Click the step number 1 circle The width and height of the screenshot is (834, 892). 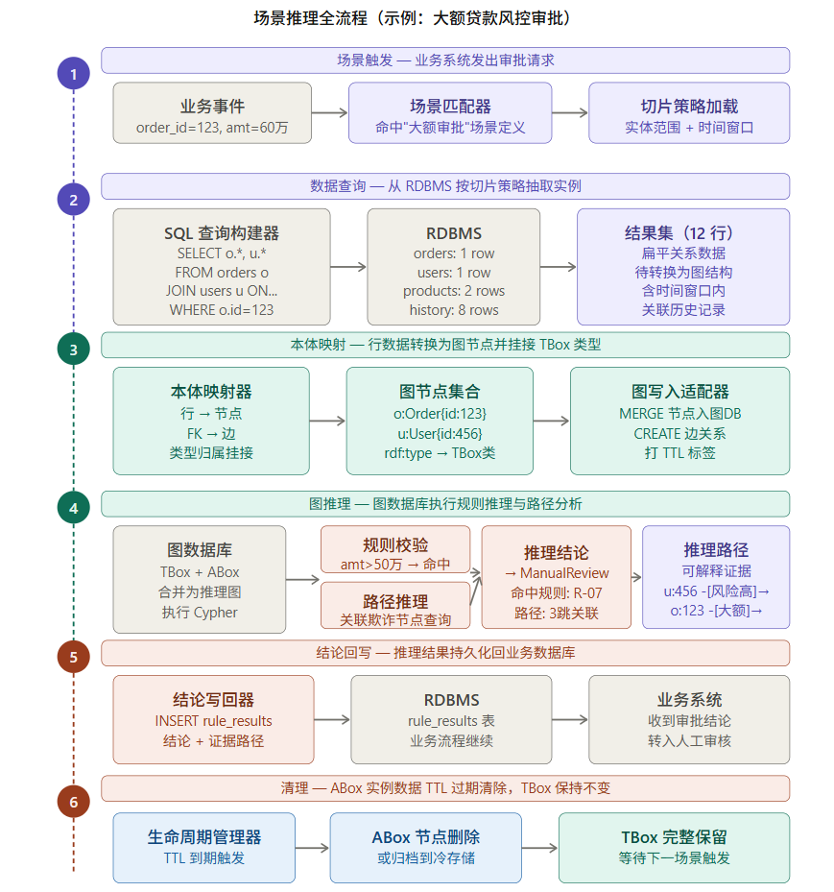coord(74,73)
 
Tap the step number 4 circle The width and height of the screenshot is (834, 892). coord(74,507)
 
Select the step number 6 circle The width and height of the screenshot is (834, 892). coord(74,799)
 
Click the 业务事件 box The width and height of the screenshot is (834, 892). coord(212,113)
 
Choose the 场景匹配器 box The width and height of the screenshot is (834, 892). coord(449,113)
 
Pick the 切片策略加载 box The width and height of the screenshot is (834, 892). coord(688,113)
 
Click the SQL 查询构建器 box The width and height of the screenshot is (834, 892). coord(222,267)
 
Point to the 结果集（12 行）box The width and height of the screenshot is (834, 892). coord(682,267)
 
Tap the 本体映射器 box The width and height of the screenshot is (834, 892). coord(211,421)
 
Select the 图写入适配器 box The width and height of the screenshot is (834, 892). coord(679,421)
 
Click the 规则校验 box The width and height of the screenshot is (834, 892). coord(395,550)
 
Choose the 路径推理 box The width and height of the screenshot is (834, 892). coord(395,607)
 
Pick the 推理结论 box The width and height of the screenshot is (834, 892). coord(556,576)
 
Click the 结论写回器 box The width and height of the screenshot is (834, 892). coord(213,719)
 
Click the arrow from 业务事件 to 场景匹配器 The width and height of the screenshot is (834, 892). coord(329,113)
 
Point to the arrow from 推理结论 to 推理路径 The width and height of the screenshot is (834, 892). coord(636,576)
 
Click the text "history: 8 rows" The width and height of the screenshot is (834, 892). coord(454,310)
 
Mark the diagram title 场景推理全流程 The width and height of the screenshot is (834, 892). coord(416,18)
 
